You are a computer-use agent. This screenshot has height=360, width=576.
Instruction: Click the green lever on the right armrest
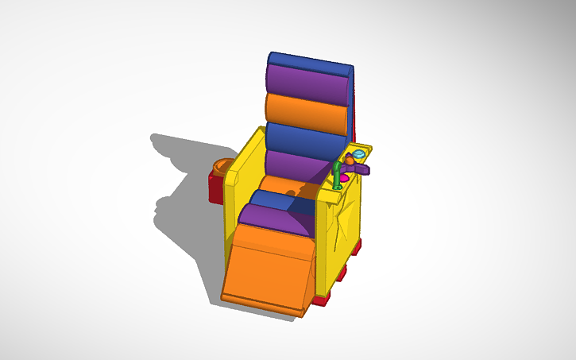338,176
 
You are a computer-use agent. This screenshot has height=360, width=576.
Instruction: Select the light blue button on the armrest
359,152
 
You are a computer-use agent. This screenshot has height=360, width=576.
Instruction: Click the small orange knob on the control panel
350,161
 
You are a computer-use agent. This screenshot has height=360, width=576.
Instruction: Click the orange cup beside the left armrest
222,169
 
